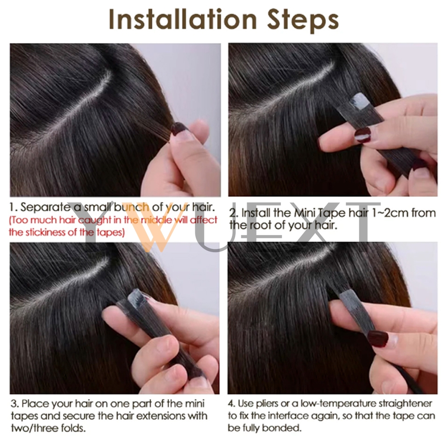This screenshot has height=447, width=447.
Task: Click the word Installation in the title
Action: point(183,19)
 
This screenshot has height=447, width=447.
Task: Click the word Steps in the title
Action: point(303,21)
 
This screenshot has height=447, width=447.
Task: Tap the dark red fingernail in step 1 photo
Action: point(178,129)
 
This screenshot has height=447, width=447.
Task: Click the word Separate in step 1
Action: point(46,207)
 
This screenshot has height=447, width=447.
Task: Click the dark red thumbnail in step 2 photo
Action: point(363,135)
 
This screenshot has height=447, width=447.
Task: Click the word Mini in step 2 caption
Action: point(304,213)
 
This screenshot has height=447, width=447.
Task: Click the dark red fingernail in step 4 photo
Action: point(377,339)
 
